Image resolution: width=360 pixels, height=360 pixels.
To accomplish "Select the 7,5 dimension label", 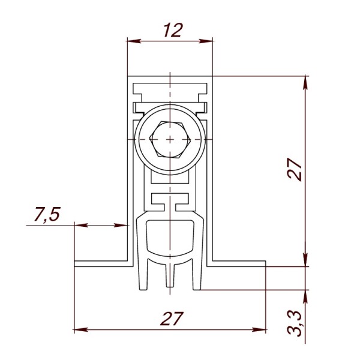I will (x=47, y=214).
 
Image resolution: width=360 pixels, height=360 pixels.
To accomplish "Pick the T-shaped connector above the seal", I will (x=170, y=202).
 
